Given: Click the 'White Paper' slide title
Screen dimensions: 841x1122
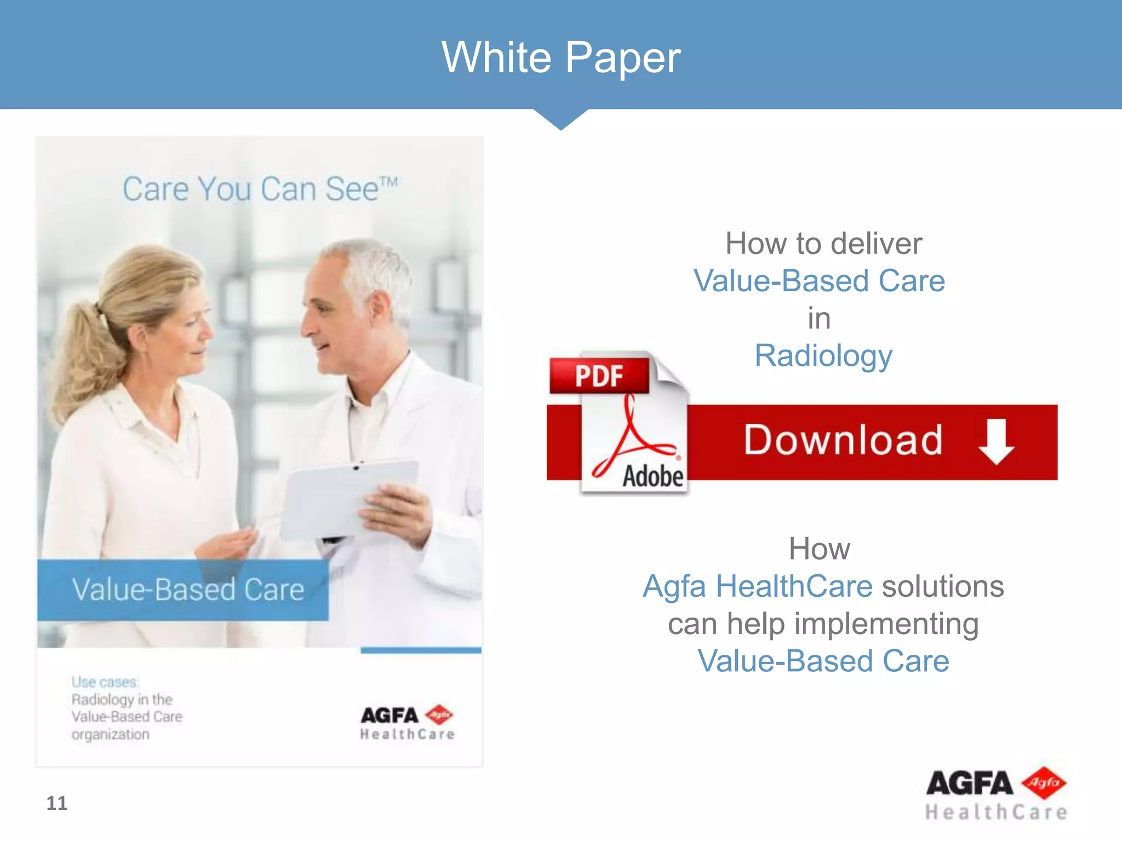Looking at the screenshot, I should coord(561,57).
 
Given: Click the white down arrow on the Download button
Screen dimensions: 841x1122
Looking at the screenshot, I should coord(996,441).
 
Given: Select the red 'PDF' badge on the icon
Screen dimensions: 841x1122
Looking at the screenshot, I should coord(599,376).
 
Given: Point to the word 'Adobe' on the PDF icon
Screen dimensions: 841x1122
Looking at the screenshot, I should coord(652,476).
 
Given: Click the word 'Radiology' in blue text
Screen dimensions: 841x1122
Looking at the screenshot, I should coord(823,356).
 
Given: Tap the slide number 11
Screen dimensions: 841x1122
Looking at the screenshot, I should coord(56,803).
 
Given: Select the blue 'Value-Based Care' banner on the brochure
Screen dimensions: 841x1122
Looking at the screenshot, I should coord(183,590).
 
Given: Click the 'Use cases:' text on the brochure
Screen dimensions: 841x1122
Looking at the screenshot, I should coord(105,682).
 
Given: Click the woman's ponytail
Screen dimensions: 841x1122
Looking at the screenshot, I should coord(82,350).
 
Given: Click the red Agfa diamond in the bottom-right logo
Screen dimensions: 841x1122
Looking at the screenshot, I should coord(1044,782).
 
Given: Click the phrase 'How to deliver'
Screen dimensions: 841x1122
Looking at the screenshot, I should coord(823,243).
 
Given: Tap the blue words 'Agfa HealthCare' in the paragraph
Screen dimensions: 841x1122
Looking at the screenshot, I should coord(757,586).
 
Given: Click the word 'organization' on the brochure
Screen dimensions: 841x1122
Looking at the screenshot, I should coord(110,734).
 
